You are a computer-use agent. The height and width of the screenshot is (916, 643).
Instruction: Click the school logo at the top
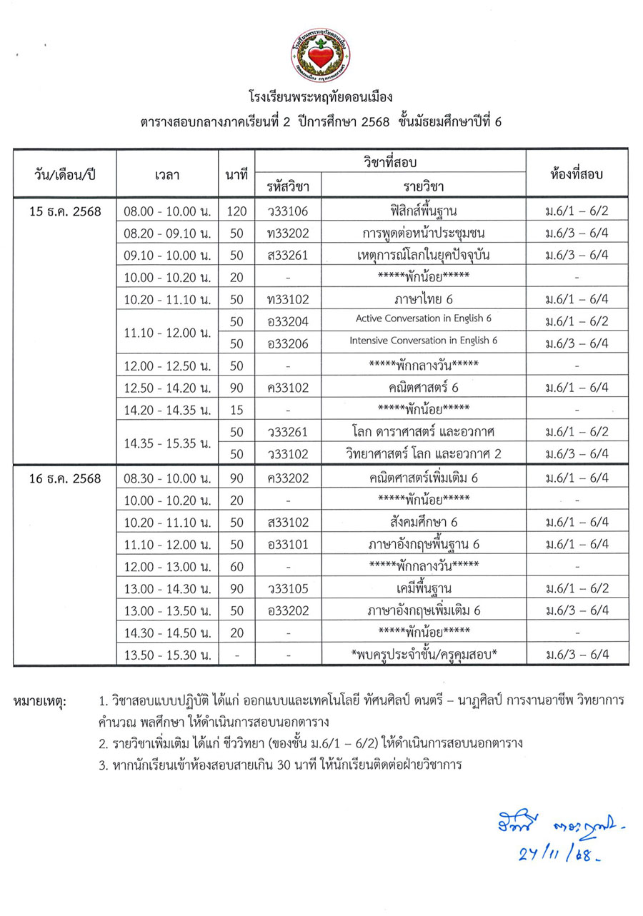pyautogui.click(x=321, y=55)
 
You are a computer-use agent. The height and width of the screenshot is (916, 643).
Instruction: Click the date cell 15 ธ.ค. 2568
pyautogui.click(x=65, y=211)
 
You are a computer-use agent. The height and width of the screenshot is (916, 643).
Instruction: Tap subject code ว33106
pyautogui.click(x=287, y=211)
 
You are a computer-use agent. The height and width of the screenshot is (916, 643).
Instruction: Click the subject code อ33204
pyautogui.click(x=287, y=321)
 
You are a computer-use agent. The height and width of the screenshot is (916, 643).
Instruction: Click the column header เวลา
pyautogui.click(x=166, y=173)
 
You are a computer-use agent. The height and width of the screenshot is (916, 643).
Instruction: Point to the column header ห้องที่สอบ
pyautogui.click(x=577, y=173)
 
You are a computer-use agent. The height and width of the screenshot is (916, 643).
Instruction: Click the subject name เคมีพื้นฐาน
pyautogui.click(x=424, y=588)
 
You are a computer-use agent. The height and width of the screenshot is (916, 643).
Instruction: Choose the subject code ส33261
pyautogui.click(x=287, y=255)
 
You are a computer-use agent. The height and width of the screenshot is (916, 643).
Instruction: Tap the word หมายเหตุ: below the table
pyautogui.click(x=39, y=702)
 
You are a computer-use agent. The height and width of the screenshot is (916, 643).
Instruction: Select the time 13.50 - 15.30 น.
pyautogui.click(x=166, y=654)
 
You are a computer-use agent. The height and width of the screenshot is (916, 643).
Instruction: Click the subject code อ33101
pyautogui.click(x=287, y=544)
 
